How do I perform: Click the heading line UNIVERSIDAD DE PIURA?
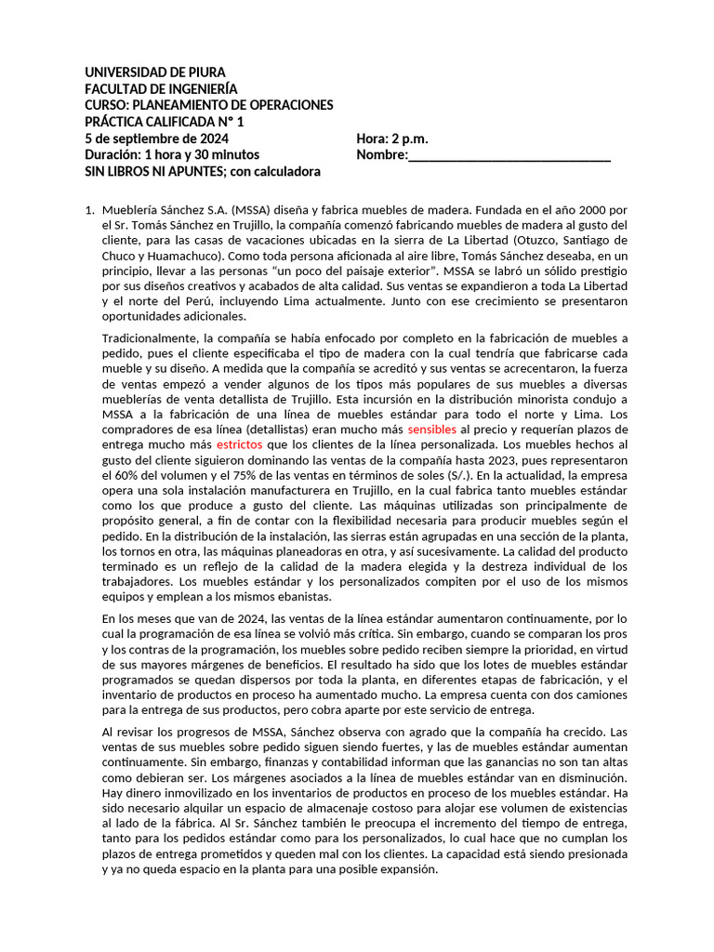click(155, 72)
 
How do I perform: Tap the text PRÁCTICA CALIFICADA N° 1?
click(165, 122)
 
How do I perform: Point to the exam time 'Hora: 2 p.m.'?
click(392, 139)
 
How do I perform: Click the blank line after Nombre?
click(509, 155)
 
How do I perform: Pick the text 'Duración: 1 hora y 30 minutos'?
click(172, 155)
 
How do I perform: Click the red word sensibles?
click(432, 430)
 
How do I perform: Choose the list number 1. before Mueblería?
click(90, 210)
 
